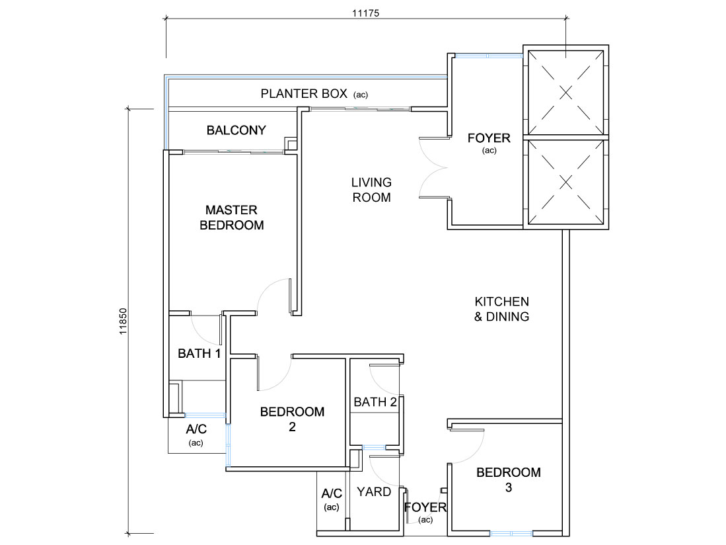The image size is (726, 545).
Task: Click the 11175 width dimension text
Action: click(365, 13)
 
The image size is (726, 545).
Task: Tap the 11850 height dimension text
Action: click(123, 321)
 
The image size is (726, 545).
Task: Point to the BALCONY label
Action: click(236, 130)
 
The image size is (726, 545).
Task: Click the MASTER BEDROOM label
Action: click(231, 218)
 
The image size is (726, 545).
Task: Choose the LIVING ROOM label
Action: click(371, 190)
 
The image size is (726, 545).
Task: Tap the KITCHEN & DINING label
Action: click(501, 309)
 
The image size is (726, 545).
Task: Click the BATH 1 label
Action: click(199, 354)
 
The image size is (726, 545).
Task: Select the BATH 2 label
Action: click(375, 401)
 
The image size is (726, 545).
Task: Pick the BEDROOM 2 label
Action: click(292, 419)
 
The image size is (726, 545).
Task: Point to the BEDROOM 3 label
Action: click(509, 480)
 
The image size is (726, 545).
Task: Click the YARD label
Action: click(374, 491)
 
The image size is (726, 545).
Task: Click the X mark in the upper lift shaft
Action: click(565, 93)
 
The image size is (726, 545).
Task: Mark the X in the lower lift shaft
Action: click(565, 182)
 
